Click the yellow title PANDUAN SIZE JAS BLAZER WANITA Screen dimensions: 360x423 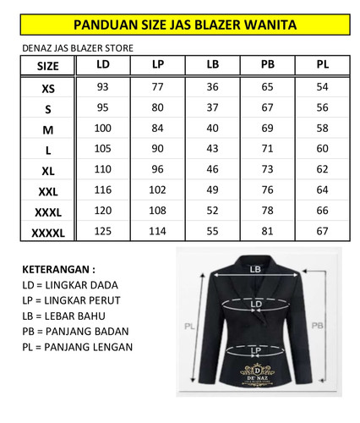(179, 26)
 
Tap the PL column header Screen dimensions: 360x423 (322, 65)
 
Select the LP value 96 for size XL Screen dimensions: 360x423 (158, 168)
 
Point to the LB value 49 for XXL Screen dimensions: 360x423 (213, 190)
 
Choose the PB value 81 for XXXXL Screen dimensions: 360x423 (268, 230)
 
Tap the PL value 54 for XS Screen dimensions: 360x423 (322, 87)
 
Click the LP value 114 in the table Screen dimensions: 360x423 (158, 230)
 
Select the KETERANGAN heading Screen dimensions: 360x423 (59, 269)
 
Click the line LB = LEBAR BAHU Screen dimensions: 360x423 (72, 316)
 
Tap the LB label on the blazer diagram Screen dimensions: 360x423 (256, 269)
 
